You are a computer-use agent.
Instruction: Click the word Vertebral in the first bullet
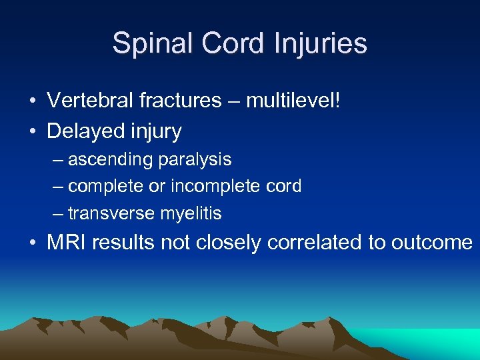89,101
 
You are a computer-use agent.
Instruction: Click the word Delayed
82,131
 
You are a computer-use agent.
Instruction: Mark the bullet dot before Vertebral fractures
32,101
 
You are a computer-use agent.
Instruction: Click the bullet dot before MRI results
32,243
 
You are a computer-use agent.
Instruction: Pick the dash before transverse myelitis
58,213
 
